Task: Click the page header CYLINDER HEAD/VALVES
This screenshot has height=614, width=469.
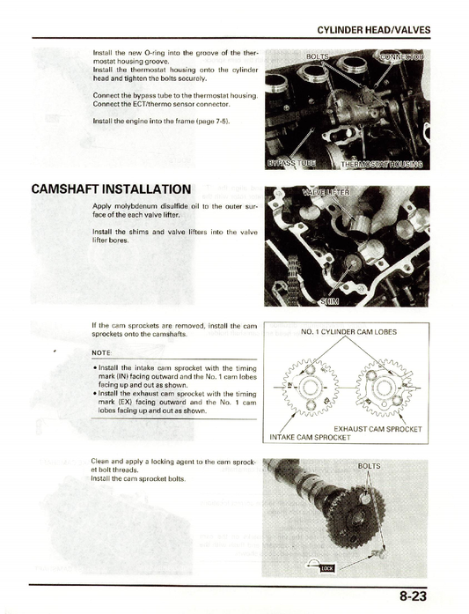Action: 373,30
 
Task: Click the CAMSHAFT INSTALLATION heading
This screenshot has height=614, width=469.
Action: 110,189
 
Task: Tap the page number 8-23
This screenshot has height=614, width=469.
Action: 414,596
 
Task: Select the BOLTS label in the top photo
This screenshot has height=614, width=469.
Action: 318,56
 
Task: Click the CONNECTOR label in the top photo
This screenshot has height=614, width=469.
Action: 400,57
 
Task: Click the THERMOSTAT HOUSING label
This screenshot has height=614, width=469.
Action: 381,163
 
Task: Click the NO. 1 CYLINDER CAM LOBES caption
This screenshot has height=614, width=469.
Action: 348,333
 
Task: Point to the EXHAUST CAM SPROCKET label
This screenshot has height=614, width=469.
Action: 377,429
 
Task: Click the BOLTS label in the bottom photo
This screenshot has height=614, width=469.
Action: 370,466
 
